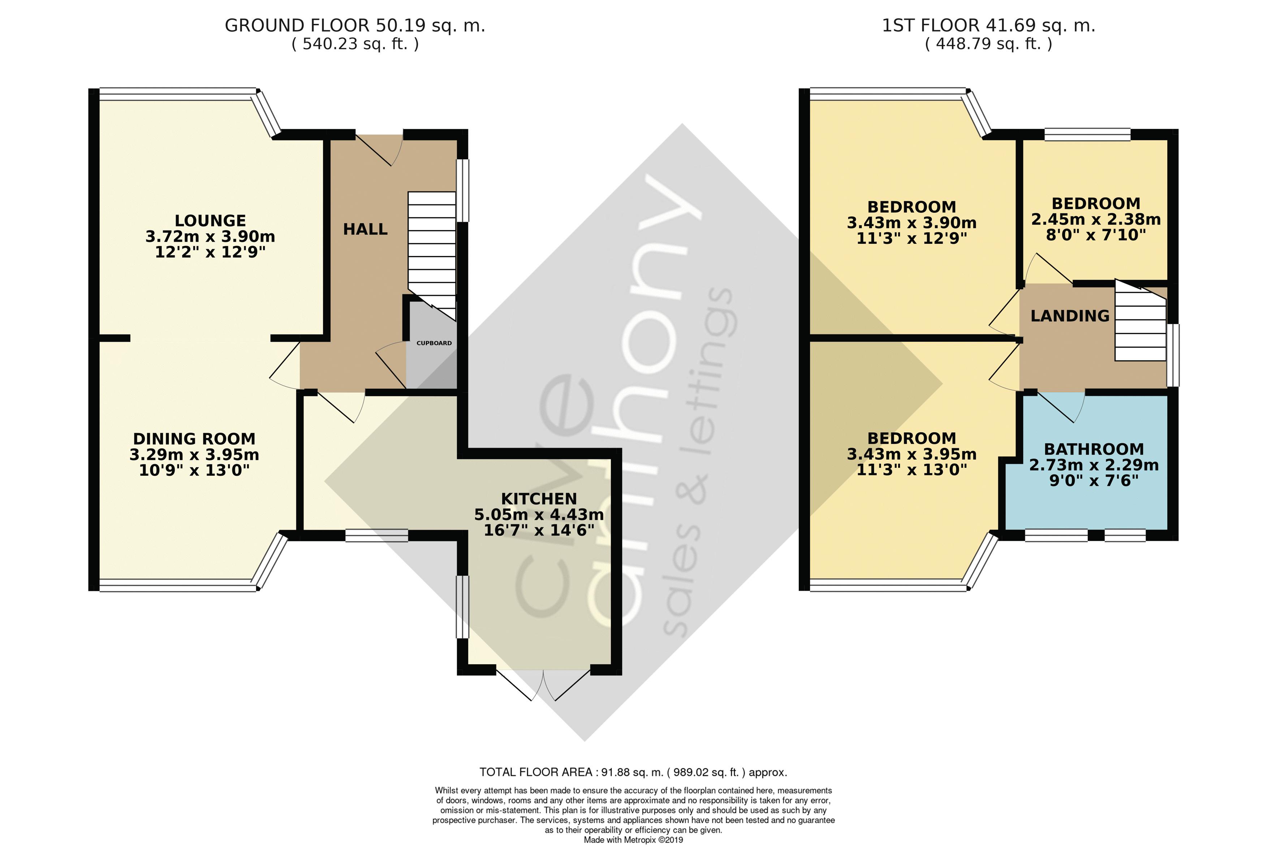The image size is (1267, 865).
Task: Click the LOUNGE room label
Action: click(210, 221)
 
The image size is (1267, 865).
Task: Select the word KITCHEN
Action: click(539, 499)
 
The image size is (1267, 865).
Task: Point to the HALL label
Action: click(365, 229)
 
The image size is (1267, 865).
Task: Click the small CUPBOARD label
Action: click(434, 343)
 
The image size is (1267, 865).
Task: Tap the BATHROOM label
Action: click(1094, 449)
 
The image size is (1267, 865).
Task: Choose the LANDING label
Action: click(1070, 316)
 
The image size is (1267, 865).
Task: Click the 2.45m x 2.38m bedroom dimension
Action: click(1096, 220)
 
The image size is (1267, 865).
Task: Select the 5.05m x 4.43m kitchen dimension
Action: click(539, 515)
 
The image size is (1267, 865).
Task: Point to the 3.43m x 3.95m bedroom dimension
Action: click(912, 454)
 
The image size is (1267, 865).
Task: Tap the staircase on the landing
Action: click(1140, 320)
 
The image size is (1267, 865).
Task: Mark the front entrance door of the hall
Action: click(379, 148)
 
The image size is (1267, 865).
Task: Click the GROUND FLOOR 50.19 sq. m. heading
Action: click(355, 26)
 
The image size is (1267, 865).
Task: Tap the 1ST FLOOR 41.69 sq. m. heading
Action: click(988, 26)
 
